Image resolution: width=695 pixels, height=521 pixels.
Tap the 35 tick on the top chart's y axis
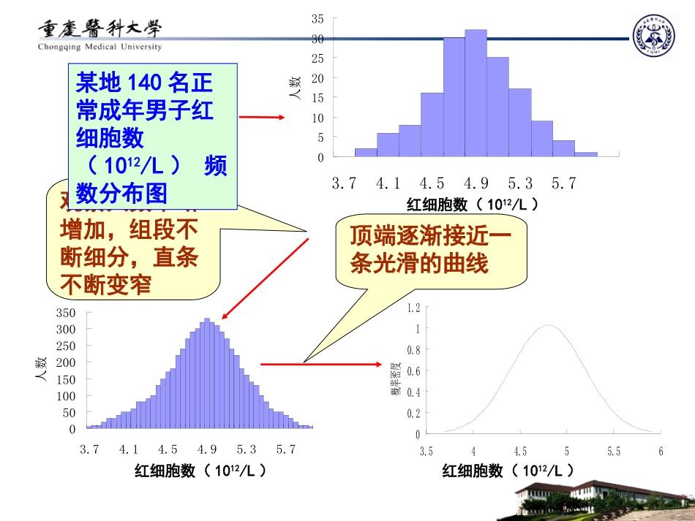point(318,18)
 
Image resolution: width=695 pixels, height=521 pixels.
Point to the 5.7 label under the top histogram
point(564,183)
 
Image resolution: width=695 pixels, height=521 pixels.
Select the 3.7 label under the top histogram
point(344,183)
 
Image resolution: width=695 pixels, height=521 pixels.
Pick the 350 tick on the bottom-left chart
point(66,313)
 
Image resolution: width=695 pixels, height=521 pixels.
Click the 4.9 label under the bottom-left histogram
point(208,449)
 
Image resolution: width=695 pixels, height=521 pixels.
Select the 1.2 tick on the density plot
point(414,307)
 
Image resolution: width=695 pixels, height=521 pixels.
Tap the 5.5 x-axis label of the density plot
point(613,452)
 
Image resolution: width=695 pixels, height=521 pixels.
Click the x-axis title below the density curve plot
point(508,471)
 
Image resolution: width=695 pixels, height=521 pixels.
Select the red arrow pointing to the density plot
point(322,363)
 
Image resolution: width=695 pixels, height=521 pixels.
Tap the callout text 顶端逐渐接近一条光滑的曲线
point(429,250)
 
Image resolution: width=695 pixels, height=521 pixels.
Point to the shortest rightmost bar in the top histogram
point(586,154)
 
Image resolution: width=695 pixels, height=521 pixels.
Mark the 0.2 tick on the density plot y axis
point(414,413)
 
